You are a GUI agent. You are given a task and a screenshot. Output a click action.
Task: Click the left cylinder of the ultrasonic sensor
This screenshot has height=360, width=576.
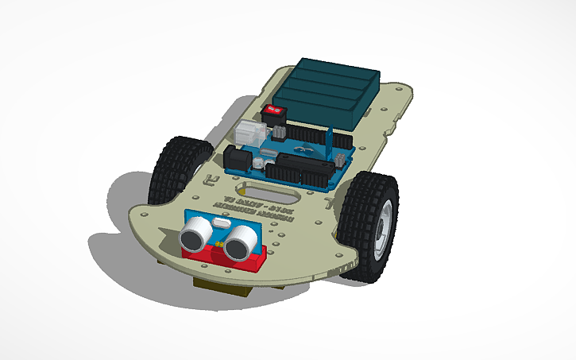[195, 234]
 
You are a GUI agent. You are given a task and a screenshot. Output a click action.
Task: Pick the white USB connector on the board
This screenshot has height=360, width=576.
[250, 132]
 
